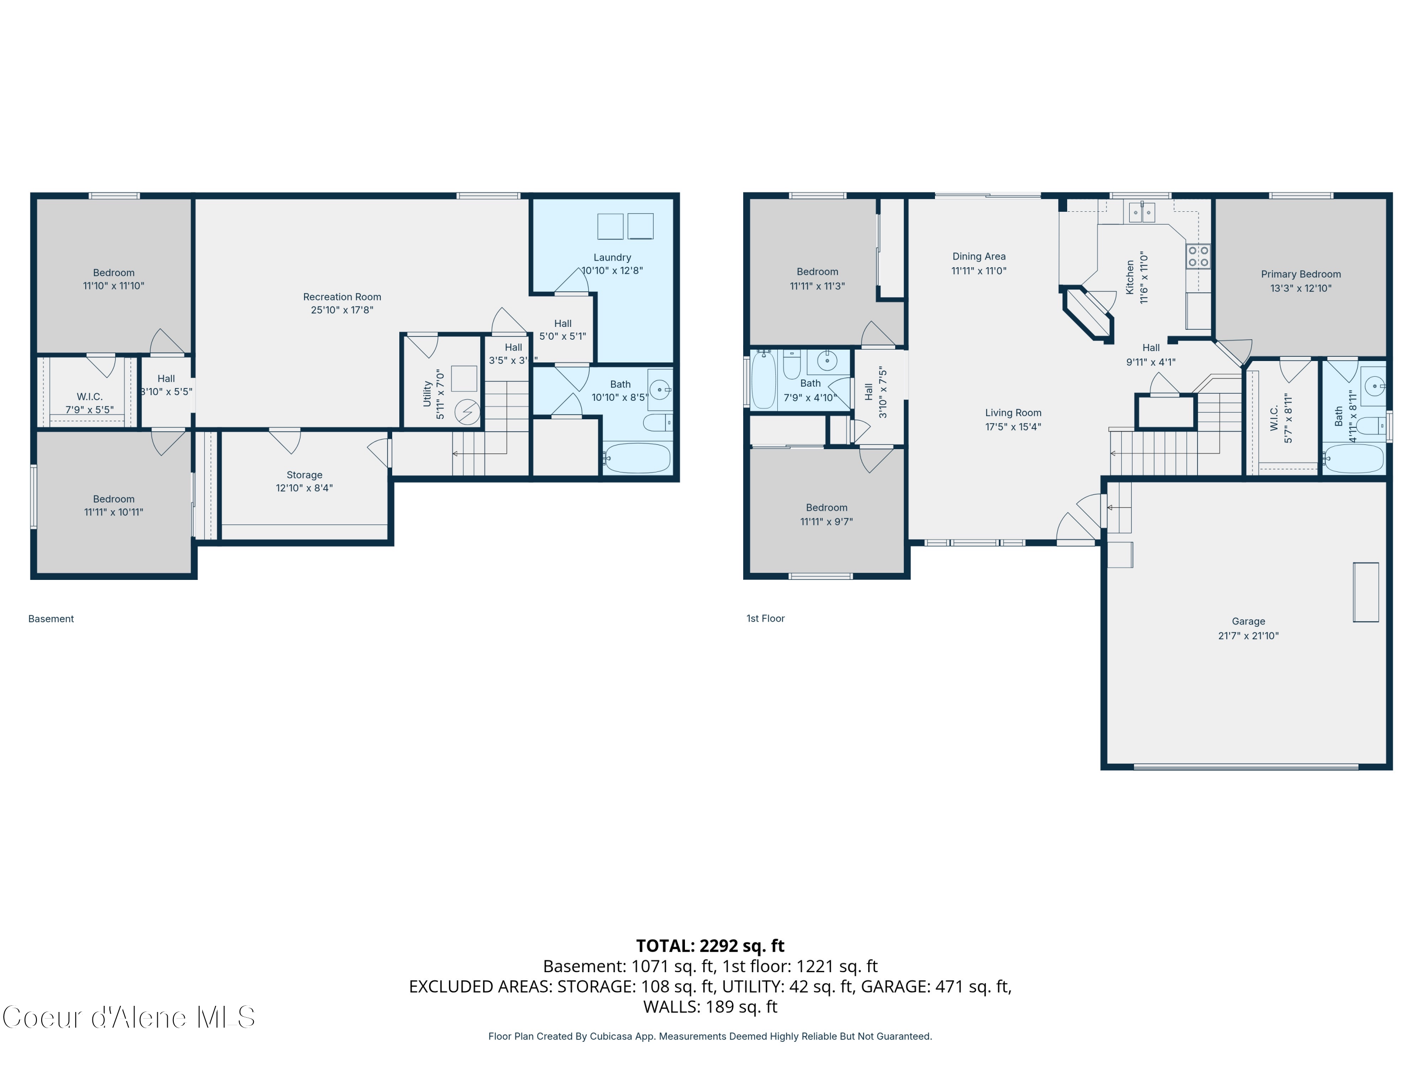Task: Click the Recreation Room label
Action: (x=342, y=297)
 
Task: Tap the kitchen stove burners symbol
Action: (x=1197, y=256)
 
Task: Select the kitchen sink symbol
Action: (x=1142, y=212)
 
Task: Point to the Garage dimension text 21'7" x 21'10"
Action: (x=1248, y=635)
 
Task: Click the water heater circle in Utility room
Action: (x=467, y=412)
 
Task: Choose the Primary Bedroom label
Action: (x=1300, y=274)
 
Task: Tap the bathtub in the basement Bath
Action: (x=637, y=458)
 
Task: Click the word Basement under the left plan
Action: (x=51, y=619)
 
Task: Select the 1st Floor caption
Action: (x=765, y=618)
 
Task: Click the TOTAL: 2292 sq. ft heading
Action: (x=710, y=946)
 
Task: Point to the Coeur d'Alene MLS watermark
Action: (x=128, y=1017)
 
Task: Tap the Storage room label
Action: (x=304, y=475)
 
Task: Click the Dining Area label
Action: (x=979, y=256)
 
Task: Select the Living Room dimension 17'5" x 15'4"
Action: (x=1013, y=427)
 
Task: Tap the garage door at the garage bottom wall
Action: (x=1246, y=767)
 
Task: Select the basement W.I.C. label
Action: (x=90, y=397)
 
